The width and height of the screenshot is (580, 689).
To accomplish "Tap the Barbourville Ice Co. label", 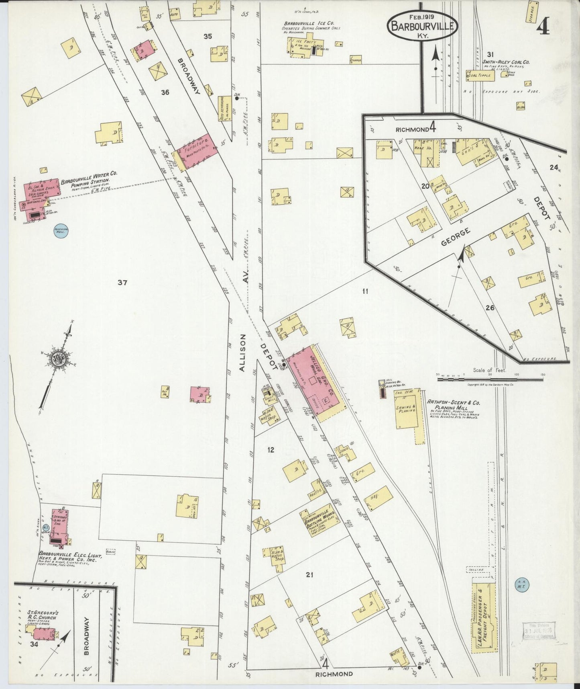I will (x=310, y=24).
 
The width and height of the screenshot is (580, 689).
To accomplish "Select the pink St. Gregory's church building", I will (x=43, y=634).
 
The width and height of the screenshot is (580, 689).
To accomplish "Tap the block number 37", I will (x=122, y=283).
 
